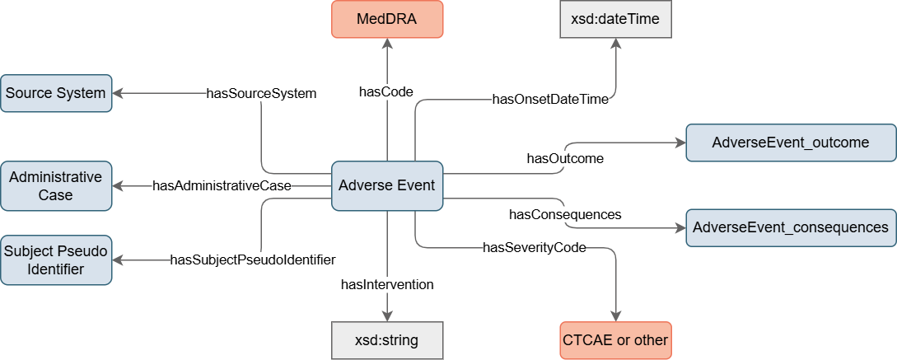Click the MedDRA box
pyautogui.click(x=387, y=18)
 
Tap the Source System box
pyautogui.click(x=56, y=93)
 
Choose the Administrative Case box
pyautogui.click(x=56, y=185)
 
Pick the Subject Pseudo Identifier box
pyautogui.click(x=56, y=259)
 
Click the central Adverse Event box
pyautogui.click(x=387, y=185)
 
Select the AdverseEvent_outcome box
pyautogui.click(x=791, y=143)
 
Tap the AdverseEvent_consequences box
pyautogui.click(x=791, y=227)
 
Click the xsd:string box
pyautogui.click(x=387, y=340)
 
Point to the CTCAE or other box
pyautogui.click(x=615, y=340)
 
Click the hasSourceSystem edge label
pyautogui.click(x=261, y=93)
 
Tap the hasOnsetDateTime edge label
pyautogui.click(x=550, y=100)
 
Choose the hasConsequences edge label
pyautogui.click(x=565, y=214)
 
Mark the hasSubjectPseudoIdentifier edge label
pyautogui.click(x=253, y=259)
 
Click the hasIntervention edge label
pyautogui.click(x=387, y=285)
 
